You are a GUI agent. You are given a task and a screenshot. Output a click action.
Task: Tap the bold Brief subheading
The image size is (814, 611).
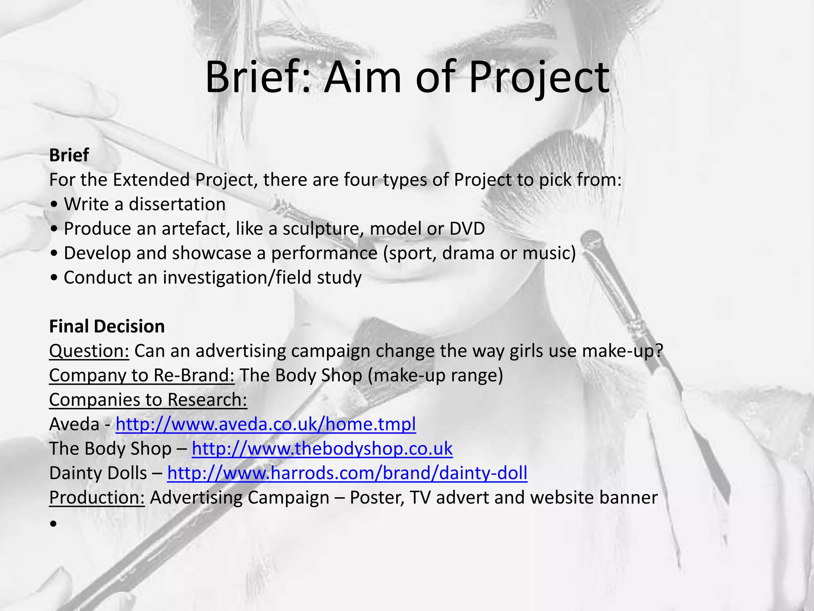pos(69,155)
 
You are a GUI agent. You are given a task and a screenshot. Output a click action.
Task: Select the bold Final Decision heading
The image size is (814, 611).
pos(107,327)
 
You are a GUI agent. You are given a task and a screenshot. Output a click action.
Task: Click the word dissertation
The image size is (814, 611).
pos(177,204)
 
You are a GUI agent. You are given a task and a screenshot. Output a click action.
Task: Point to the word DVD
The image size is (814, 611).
pos(467,229)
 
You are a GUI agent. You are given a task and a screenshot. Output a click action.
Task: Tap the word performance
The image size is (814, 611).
pos(324,253)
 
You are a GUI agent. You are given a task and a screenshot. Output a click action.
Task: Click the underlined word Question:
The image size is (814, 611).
pos(89,351)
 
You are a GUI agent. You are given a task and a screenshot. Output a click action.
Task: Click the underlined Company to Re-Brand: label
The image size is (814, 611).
pos(142,376)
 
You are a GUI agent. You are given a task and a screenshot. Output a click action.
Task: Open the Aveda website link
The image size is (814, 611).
pos(266,424)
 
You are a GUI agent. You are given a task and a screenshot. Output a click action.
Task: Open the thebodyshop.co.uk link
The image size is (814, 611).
pos(322,449)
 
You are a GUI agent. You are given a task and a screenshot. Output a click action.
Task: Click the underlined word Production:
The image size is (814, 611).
pos(97,498)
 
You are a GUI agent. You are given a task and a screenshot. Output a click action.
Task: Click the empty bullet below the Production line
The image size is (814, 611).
pos(54,524)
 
